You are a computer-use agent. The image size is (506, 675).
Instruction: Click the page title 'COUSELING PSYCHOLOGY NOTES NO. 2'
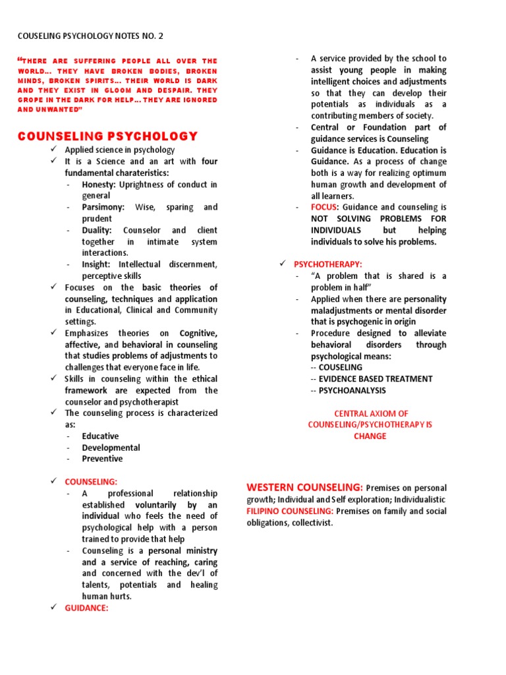point(94,37)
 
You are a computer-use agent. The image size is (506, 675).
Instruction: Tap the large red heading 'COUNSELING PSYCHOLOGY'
point(107,136)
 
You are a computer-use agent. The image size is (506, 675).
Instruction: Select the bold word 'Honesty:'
point(99,185)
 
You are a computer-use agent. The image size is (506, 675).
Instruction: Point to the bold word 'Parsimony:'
point(103,207)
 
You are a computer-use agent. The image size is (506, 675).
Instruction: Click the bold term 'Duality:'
point(97,230)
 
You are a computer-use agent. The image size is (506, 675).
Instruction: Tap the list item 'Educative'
point(100,436)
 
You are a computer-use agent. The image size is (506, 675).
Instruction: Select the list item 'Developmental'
point(111,448)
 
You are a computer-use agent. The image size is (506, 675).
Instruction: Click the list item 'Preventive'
point(102,459)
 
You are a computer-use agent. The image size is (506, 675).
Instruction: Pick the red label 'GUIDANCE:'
point(86,608)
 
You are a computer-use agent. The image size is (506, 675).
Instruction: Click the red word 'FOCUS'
point(324,207)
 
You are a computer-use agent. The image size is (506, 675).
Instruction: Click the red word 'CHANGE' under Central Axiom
point(370,436)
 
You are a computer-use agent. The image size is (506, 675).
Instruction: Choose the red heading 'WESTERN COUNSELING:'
point(304,487)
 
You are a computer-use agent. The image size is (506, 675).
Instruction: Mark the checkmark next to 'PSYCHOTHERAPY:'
point(283,264)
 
